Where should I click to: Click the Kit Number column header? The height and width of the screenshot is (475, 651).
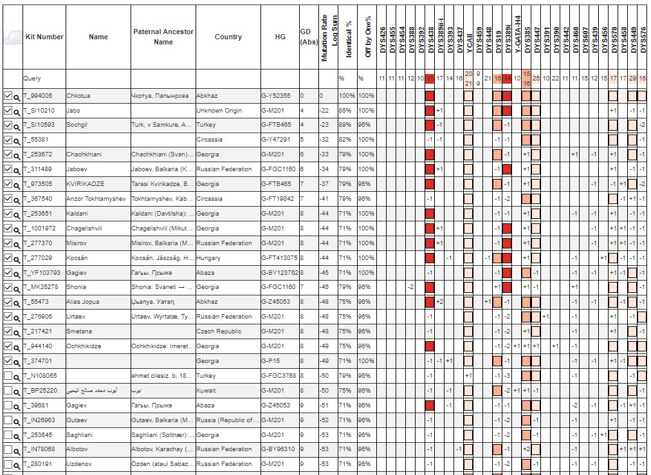(x=44, y=37)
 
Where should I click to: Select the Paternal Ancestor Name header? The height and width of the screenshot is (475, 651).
(x=163, y=37)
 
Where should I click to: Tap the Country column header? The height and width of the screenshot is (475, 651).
(x=228, y=37)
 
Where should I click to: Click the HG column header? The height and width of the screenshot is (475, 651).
(x=280, y=37)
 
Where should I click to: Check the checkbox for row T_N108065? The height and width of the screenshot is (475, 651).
(x=8, y=375)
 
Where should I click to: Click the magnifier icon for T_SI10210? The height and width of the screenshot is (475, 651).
(x=17, y=111)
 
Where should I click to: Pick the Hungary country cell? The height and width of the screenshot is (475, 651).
(x=209, y=257)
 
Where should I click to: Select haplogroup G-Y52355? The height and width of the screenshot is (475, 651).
(x=277, y=96)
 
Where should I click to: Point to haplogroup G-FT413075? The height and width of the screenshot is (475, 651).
(x=280, y=257)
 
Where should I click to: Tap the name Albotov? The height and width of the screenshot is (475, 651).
(x=78, y=449)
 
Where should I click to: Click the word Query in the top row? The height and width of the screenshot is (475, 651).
(x=32, y=79)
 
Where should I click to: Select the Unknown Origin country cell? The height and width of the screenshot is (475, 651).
(x=220, y=111)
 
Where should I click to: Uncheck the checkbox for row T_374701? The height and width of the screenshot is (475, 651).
(x=8, y=360)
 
